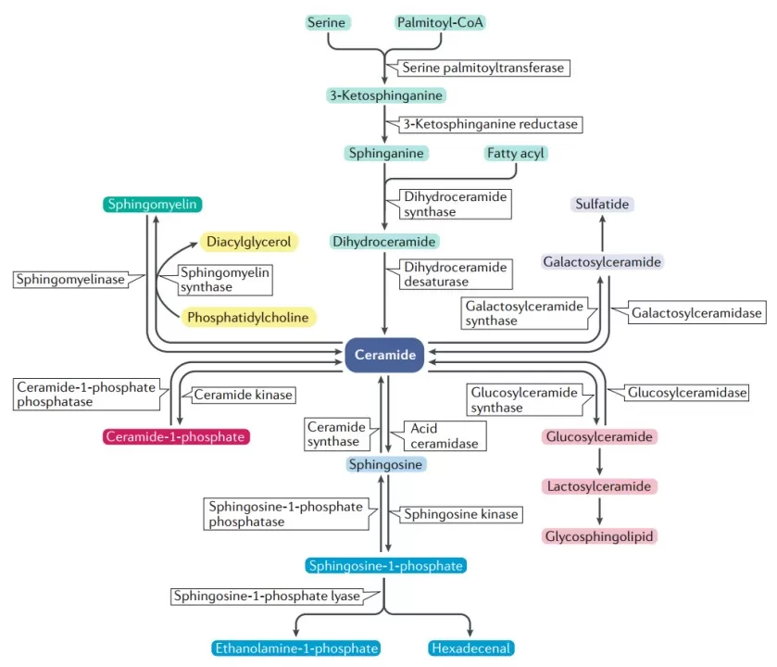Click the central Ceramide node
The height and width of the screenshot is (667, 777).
pos(384,355)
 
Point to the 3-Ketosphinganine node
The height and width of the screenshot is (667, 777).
pos(385,95)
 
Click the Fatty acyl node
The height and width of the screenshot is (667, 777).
pos(515,153)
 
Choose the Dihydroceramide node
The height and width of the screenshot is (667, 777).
pos(384,242)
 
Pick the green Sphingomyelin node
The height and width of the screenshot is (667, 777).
pos(152,205)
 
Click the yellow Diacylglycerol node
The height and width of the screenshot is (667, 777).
pos(249,242)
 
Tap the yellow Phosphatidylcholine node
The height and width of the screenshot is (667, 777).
pos(247,317)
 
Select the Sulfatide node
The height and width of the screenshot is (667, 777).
pos(603,204)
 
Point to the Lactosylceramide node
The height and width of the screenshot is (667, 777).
pos(599,486)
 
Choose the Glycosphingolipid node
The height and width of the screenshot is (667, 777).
pos(599,535)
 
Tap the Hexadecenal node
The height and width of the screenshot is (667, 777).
pos(471,648)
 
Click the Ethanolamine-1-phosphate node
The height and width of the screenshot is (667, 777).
pos(296,648)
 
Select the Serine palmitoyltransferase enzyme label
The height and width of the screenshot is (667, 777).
pos(482,68)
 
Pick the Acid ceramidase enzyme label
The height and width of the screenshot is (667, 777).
pos(443,435)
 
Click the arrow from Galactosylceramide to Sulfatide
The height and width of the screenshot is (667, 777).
pos(603,233)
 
